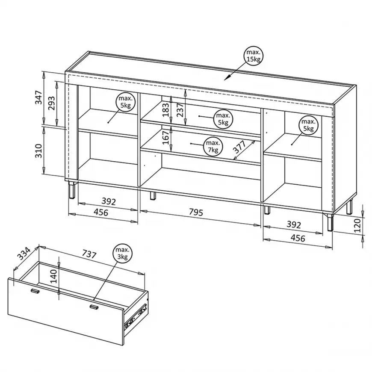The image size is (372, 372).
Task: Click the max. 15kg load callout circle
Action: click(x=254, y=56)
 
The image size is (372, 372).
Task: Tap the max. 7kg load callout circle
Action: click(x=213, y=146)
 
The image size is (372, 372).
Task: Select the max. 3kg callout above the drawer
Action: click(x=122, y=253)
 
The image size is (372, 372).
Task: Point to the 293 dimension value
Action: click(x=51, y=103)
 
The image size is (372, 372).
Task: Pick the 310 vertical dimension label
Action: click(x=38, y=151)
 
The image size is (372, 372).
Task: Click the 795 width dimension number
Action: click(x=196, y=212)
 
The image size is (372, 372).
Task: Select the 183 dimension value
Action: click(x=166, y=109)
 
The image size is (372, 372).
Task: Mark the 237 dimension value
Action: click(x=180, y=109)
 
